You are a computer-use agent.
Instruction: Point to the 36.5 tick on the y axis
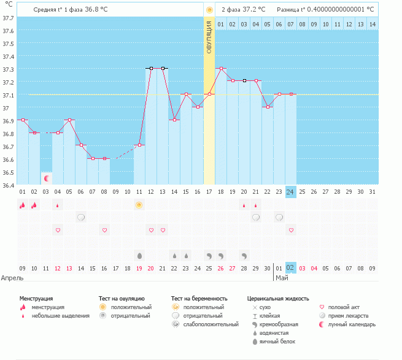[x=8, y=172]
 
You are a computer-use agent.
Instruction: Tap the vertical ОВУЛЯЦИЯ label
[x=209, y=38]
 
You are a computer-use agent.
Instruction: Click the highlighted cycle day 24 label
[x=290, y=192]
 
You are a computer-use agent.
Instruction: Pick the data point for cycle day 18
[x=221, y=69]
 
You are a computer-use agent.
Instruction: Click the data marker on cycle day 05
[x=69, y=120]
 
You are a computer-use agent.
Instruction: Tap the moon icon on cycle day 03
[x=46, y=178]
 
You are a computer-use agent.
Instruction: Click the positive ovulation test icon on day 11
[x=139, y=205]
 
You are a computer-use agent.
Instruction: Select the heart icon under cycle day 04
[x=58, y=230]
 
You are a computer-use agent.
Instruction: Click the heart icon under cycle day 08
[x=104, y=230]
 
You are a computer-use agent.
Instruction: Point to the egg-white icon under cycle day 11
[x=139, y=255]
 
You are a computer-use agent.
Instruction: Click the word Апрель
[x=12, y=278]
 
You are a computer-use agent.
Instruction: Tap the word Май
[x=282, y=278]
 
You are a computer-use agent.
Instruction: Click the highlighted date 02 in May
[x=290, y=268]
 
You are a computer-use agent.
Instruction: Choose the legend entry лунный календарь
[x=351, y=324]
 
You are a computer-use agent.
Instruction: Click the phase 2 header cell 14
[x=372, y=24]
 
